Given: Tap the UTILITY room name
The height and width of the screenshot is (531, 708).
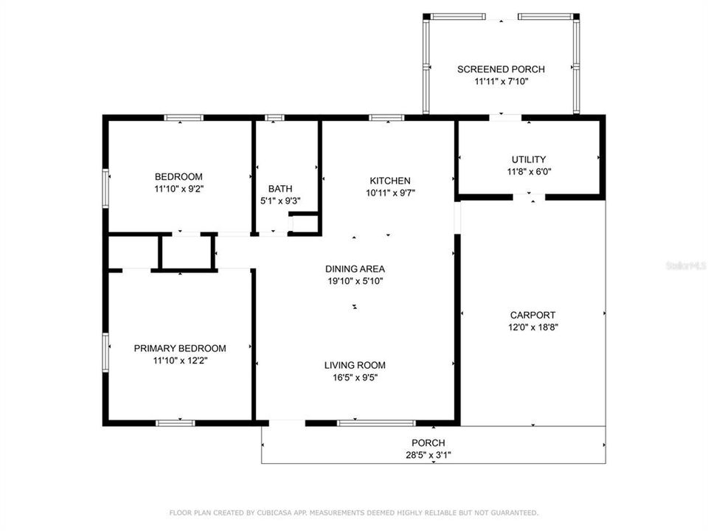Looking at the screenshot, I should click(529, 159).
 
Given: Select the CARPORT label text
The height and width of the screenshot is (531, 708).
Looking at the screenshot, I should click(532, 315).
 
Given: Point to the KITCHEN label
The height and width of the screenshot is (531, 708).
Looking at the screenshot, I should click(389, 181).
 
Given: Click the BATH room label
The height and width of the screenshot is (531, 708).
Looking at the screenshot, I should click(280, 189).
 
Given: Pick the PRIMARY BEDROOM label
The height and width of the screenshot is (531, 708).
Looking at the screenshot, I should click(179, 349).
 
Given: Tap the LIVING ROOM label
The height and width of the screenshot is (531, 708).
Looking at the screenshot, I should click(355, 365).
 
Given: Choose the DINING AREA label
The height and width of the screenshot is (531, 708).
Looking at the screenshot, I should click(355, 269).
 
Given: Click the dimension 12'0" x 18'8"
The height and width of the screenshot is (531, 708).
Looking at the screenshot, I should click(532, 327).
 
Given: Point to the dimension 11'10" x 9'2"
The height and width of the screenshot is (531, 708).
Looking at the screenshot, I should click(178, 189).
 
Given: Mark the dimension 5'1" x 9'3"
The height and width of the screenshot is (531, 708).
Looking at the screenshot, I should click(280, 201).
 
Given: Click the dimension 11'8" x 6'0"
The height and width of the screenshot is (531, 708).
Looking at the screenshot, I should click(529, 172).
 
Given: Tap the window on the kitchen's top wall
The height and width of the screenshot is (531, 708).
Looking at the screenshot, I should click(386, 117).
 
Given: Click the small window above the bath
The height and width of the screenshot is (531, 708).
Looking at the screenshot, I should click(274, 117).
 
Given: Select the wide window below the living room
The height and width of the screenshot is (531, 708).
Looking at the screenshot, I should click(376, 423).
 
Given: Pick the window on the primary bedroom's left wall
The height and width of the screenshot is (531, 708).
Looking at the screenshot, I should click(106, 350).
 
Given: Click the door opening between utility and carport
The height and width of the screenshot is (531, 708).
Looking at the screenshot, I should click(529, 197).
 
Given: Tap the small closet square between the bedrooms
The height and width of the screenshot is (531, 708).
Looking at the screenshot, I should click(187, 253).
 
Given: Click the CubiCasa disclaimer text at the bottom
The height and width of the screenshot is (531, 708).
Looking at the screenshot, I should click(354, 513).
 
